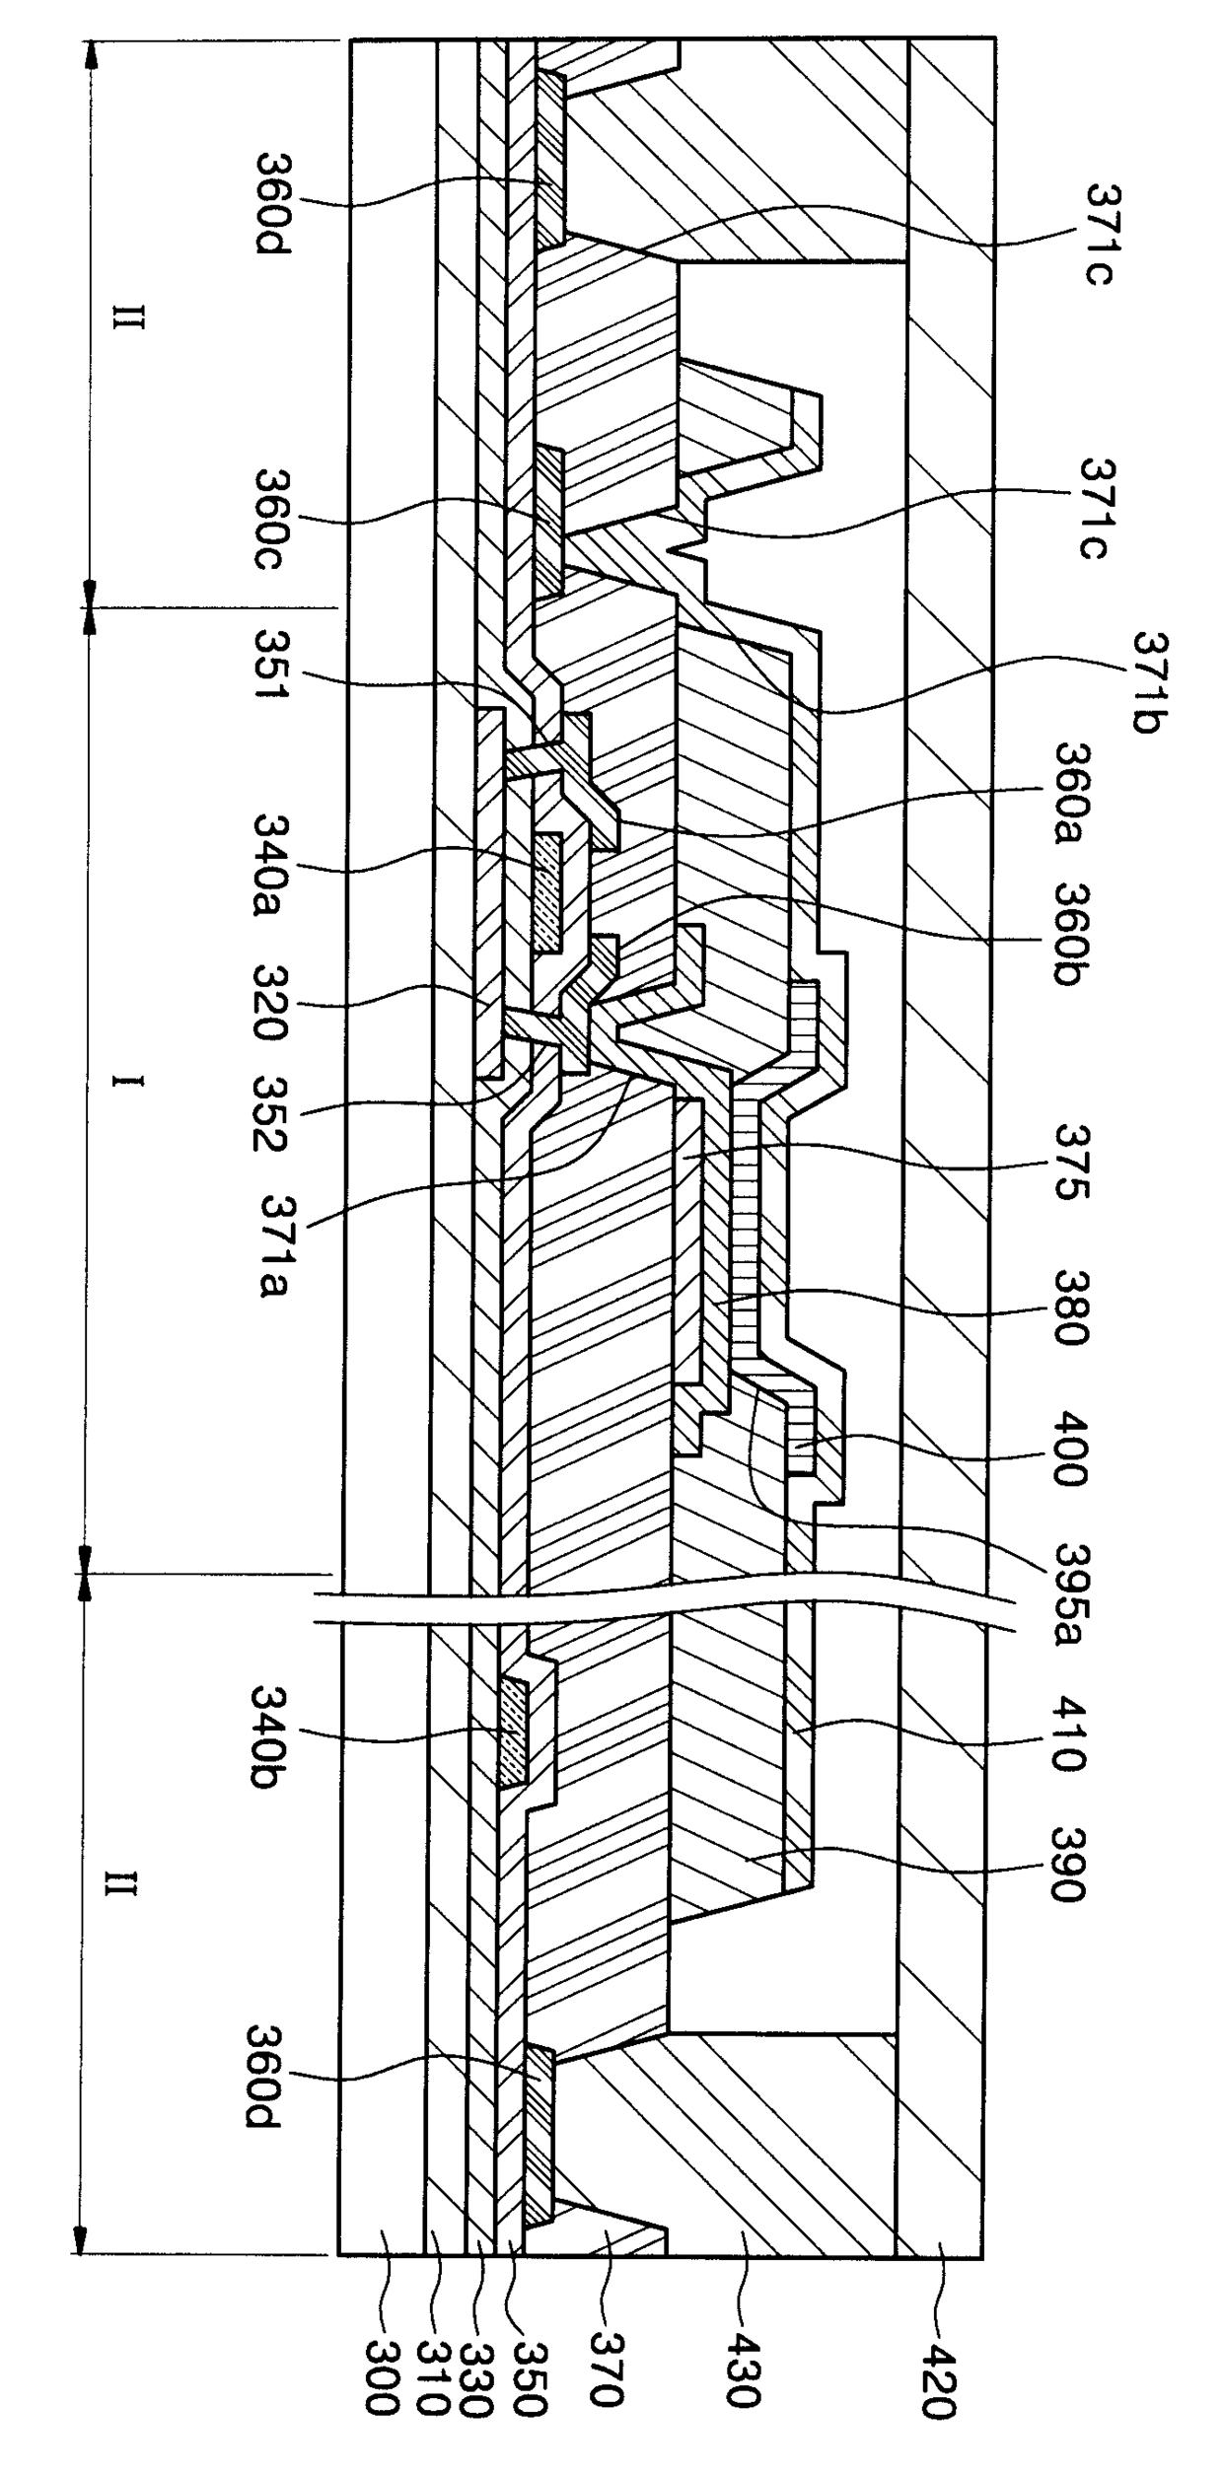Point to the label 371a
275,1243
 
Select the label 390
1069,1864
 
